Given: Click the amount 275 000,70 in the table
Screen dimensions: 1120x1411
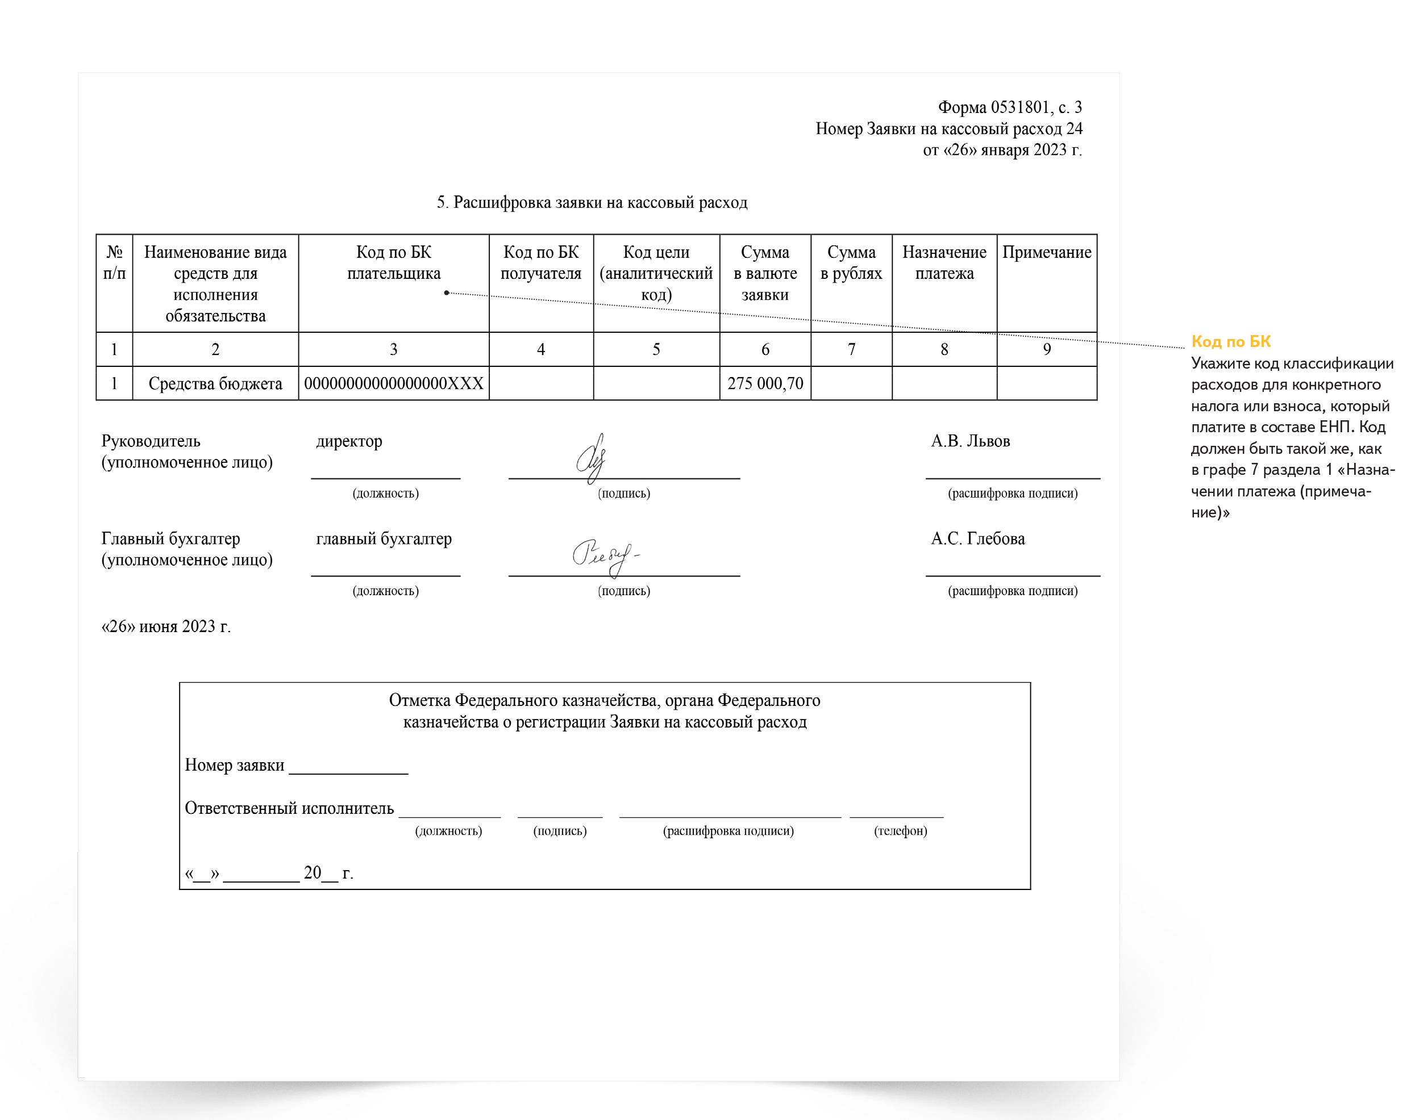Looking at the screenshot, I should click(x=765, y=383).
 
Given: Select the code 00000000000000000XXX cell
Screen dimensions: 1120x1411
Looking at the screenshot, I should click(x=393, y=383).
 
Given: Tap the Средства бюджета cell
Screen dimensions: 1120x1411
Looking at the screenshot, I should click(x=215, y=383).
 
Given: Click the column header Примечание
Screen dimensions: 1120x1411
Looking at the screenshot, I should click(x=1047, y=253).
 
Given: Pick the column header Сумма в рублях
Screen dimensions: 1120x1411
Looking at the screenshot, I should click(x=851, y=263).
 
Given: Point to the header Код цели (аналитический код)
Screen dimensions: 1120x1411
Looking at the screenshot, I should click(x=656, y=273).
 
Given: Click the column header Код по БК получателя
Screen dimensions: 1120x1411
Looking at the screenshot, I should click(x=540, y=263).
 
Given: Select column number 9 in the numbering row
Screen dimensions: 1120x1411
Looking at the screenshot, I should click(x=1047, y=349).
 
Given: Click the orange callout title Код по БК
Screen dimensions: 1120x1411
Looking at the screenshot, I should click(x=1230, y=341).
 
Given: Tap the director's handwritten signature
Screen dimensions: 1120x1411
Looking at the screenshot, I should click(x=592, y=458).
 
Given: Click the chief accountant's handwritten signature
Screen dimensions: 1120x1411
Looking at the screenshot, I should click(x=604, y=555).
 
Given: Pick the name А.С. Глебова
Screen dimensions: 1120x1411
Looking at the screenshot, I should click(x=978, y=538).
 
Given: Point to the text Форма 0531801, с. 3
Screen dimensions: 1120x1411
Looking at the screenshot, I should click(x=1009, y=107).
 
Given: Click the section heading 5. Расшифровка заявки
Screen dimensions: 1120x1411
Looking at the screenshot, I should click(x=592, y=202).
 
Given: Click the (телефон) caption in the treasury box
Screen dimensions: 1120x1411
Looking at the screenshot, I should click(x=900, y=831).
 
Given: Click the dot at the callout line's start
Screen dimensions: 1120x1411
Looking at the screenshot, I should click(x=446, y=292).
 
